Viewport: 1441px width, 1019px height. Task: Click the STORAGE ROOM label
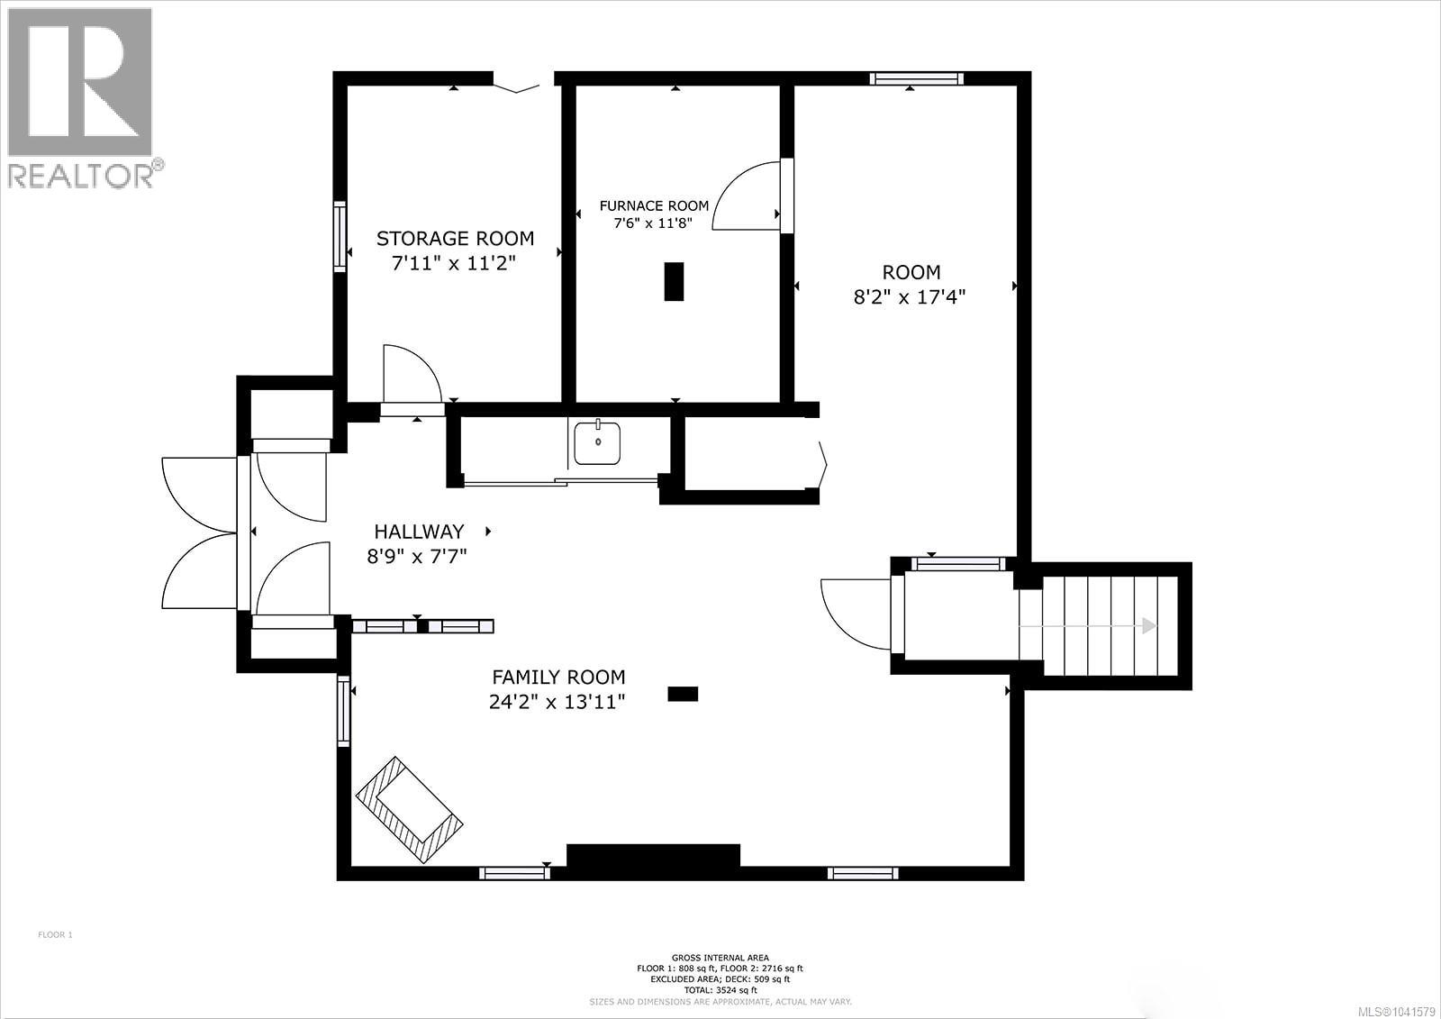coord(455,239)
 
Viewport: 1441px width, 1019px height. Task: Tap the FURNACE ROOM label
coord(654,206)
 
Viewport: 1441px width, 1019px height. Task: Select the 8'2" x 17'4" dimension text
coord(909,297)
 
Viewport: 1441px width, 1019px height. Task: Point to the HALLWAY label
coord(419,532)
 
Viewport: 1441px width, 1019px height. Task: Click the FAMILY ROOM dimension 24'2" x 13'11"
coord(557,702)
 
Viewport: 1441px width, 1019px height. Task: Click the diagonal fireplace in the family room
coord(410,809)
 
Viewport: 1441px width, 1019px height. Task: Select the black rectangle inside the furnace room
coord(674,281)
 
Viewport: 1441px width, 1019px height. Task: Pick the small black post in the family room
coord(683,694)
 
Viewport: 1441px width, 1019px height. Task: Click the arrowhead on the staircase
coord(1149,625)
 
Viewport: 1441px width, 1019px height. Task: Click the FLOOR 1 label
coord(55,934)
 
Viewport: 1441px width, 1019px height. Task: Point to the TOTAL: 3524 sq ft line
coord(720,990)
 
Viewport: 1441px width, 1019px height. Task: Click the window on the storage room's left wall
coord(340,236)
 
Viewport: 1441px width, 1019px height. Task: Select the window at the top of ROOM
coord(916,78)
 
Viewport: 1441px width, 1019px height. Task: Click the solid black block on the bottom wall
coord(653,856)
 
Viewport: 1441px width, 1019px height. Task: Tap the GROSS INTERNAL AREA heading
coord(720,958)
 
